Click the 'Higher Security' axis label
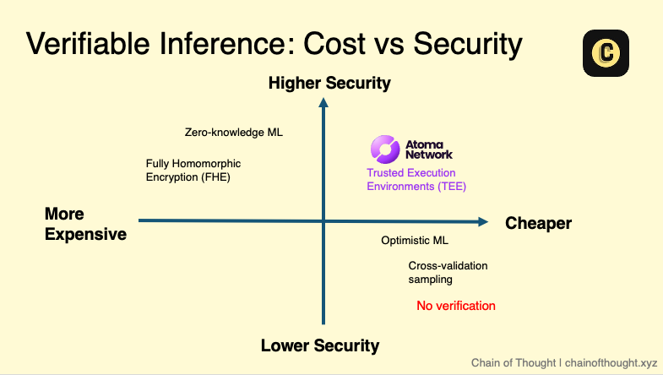click(329, 84)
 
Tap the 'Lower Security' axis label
click(320, 345)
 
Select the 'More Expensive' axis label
click(85, 224)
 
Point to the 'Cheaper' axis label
click(538, 223)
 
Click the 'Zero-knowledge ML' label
click(234, 133)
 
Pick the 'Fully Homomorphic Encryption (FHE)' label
click(193, 171)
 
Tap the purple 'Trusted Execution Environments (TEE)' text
click(416, 180)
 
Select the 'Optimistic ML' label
click(415, 241)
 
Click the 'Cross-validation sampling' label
click(448, 273)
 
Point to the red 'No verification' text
click(456, 306)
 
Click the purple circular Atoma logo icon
click(385, 149)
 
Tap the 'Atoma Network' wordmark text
click(429, 149)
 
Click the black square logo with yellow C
click(606, 53)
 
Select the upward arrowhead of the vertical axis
click(323, 103)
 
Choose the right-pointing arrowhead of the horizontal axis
click(483, 221)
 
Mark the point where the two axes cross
click(323, 220)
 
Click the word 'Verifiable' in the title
click(88, 44)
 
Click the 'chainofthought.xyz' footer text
click(611, 362)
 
